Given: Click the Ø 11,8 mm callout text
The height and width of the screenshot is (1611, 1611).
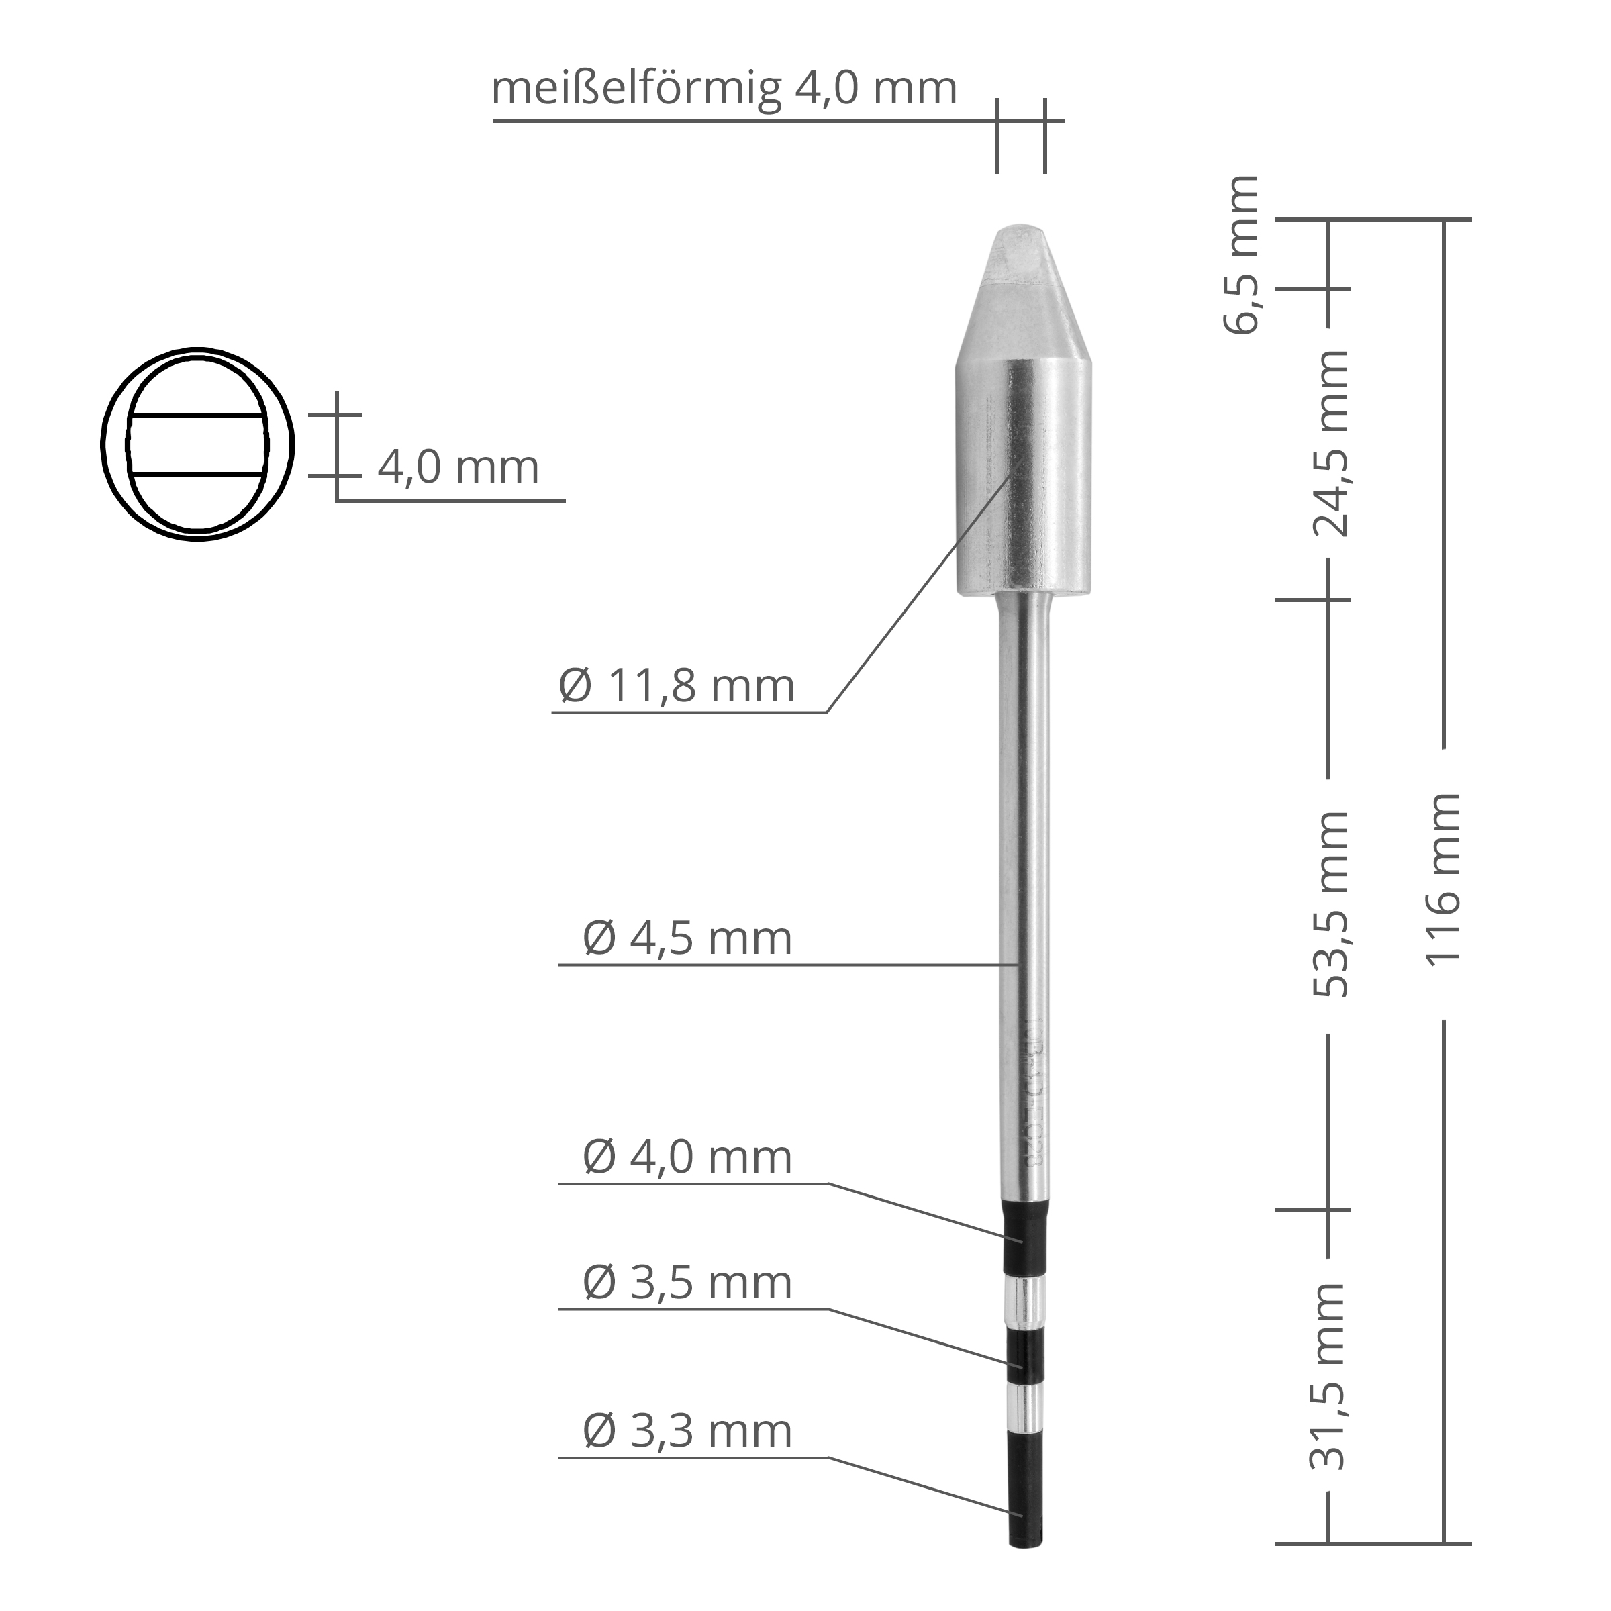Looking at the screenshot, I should [x=676, y=686].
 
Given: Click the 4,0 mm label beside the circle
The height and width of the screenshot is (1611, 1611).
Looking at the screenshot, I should [x=458, y=468].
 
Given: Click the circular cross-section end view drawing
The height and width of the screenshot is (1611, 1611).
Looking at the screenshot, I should [x=197, y=444].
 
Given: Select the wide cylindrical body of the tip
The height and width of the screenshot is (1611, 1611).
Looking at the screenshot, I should [x=1022, y=475].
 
